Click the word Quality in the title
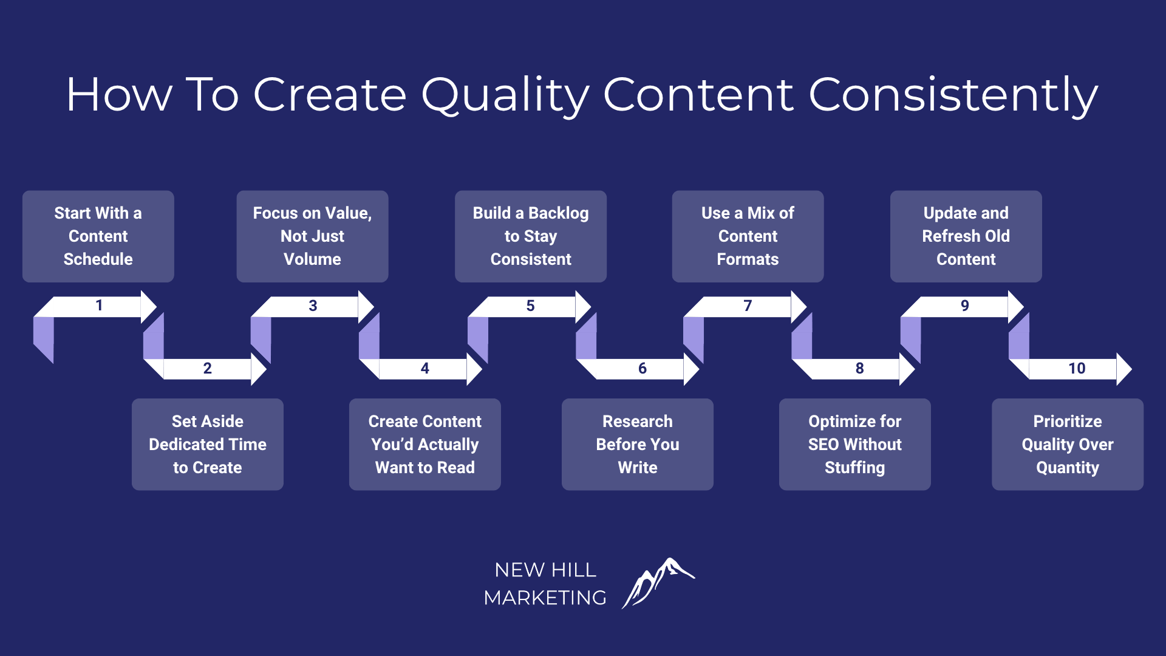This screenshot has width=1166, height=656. click(x=505, y=95)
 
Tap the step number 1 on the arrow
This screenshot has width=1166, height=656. click(x=99, y=305)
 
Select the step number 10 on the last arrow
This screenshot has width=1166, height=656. click(x=1077, y=368)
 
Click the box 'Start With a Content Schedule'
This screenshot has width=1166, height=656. click(x=98, y=236)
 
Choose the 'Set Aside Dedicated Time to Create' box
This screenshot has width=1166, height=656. click(x=208, y=444)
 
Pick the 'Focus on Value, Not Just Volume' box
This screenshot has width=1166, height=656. click(x=312, y=236)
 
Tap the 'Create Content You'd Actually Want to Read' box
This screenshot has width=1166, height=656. click(x=425, y=444)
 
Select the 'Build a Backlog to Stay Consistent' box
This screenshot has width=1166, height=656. click(x=531, y=236)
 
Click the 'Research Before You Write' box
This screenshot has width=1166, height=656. click(x=638, y=444)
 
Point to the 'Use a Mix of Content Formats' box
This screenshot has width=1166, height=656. click(x=748, y=236)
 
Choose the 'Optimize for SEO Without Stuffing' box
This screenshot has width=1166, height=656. click(x=855, y=444)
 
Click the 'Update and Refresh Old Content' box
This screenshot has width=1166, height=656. click(x=966, y=236)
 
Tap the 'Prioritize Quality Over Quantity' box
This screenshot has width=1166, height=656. click(x=1068, y=444)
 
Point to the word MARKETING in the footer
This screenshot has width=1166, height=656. click(x=545, y=598)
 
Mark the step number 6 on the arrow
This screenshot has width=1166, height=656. click(x=643, y=368)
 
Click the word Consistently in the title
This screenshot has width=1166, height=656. click(x=953, y=95)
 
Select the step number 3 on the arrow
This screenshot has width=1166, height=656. click(x=313, y=306)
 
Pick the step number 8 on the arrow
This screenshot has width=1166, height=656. click(x=859, y=368)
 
